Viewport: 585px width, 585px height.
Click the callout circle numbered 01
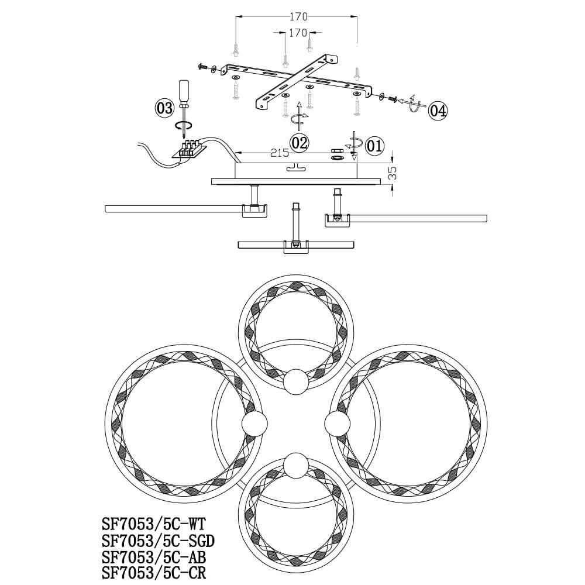(x=374, y=146)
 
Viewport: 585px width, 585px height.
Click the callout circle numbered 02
(x=299, y=142)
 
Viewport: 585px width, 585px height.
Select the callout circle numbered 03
(x=165, y=108)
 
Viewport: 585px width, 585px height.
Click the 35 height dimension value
(x=393, y=172)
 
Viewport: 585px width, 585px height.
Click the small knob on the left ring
(x=254, y=423)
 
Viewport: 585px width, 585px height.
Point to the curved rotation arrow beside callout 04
(x=415, y=104)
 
